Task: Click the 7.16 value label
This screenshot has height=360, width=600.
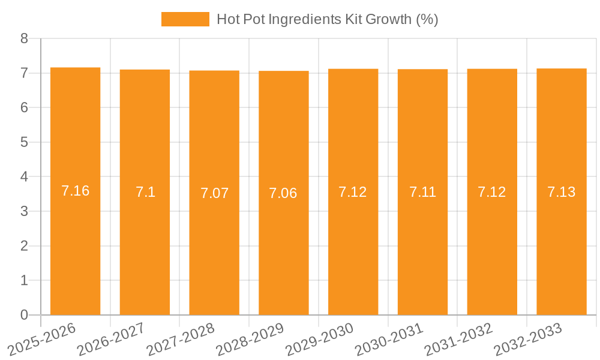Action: tap(76, 191)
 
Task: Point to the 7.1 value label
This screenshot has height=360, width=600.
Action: tap(145, 192)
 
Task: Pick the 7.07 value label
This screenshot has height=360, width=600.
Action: tap(214, 193)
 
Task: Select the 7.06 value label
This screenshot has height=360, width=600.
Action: tap(283, 193)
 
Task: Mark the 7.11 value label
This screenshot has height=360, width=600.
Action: tap(422, 192)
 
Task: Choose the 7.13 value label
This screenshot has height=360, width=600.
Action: tap(562, 192)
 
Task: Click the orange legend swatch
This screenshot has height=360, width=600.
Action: tap(185, 19)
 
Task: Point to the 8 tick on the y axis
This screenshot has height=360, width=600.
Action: tap(24, 38)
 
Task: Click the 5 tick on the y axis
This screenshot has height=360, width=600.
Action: tap(24, 142)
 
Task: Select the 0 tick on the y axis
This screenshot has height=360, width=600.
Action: tap(24, 315)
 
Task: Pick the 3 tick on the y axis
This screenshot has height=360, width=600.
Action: tap(24, 211)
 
